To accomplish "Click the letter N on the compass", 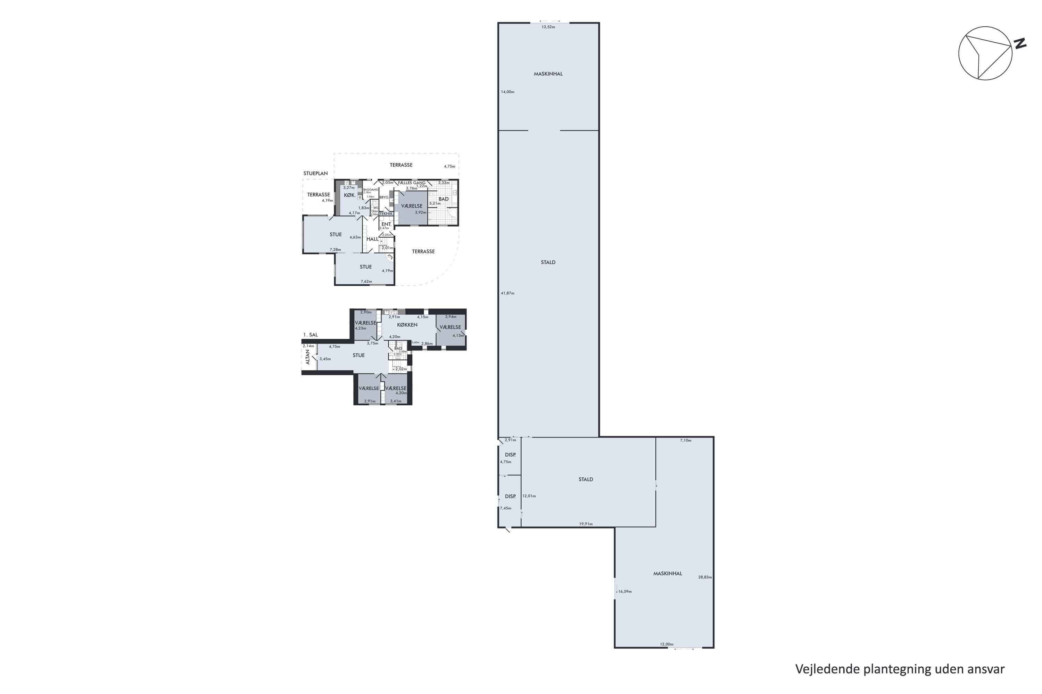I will (1020, 43).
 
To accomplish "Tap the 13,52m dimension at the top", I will (548, 27).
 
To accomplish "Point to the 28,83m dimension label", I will (705, 577).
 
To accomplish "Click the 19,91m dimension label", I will (586, 524).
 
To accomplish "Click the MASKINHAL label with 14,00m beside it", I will (548, 74).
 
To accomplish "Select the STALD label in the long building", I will (548, 262).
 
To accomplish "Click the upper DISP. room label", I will (510, 455).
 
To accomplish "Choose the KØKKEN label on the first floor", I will (407, 325).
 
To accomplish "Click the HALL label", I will (373, 239).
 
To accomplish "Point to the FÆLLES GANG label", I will (412, 183).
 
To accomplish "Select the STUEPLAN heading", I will (315, 173).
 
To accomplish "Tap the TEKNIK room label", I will (386, 214).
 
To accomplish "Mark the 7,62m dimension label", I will (366, 281).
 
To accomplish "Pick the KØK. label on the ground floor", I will (349, 195).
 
